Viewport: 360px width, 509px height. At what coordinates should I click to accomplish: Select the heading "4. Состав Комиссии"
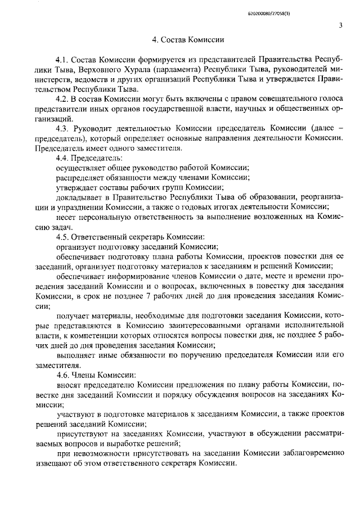[188, 40]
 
